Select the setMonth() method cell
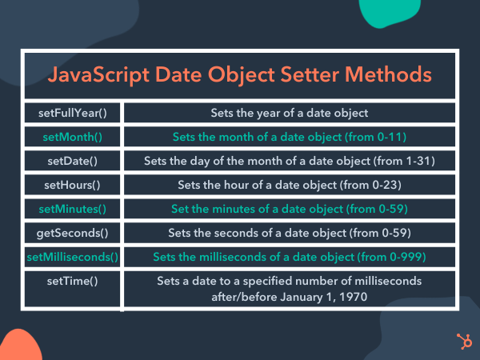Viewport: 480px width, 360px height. (x=72, y=137)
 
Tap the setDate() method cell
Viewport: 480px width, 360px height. (x=72, y=161)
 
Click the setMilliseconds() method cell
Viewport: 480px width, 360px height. (x=72, y=257)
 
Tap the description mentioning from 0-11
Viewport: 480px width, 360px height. (x=289, y=137)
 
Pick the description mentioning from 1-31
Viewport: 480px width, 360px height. (x=289, y=161)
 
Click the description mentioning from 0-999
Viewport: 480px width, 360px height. (x=289, y=257)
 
